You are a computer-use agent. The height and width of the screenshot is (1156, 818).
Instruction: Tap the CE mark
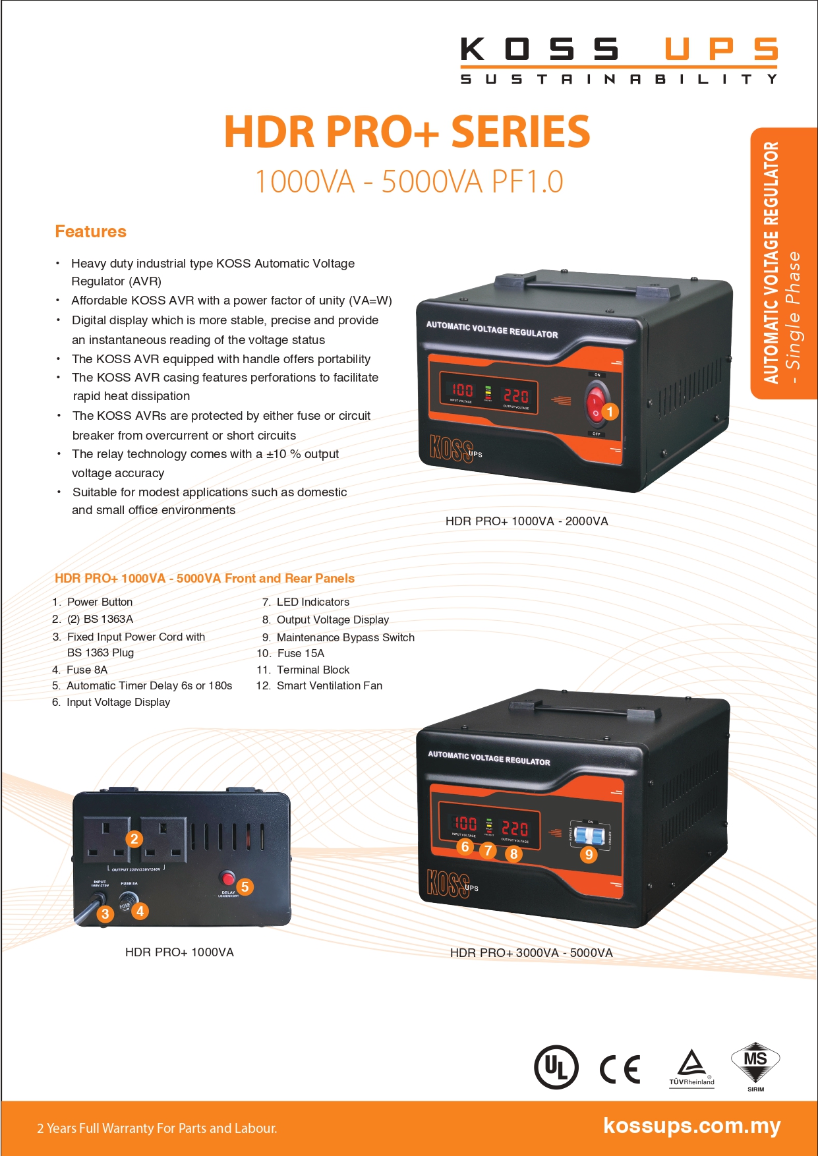click(x=620, y=1068)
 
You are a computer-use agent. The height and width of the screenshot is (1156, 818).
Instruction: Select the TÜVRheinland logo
click(x=691, y=1068)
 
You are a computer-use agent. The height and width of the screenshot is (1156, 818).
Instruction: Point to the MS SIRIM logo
click(x=755, y=1065)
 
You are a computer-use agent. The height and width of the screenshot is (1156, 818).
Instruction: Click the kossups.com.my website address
click(x=691, y=1126)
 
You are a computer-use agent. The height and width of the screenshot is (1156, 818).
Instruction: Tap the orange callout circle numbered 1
click(x=610, y=411)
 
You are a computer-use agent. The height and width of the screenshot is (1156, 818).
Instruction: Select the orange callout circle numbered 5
click(x=245, y=886)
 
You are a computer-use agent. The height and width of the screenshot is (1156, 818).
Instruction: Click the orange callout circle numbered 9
click(x=589, y=855)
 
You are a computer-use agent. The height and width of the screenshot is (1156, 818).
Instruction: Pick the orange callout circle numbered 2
click(x=134, y=838)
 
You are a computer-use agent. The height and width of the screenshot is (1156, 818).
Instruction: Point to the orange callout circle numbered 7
click(x=488, y=850)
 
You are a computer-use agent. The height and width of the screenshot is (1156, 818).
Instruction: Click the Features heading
click(x=90, y=231)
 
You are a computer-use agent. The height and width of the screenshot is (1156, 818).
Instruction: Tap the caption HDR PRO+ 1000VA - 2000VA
click(x=527, y=521)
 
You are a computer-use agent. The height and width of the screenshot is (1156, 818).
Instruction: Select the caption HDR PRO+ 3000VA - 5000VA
click(x=531, y=953)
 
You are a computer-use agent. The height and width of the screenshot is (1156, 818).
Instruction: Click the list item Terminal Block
click(x=312, y=670)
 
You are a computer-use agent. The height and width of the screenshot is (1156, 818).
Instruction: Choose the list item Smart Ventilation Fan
click(x=329, y=685)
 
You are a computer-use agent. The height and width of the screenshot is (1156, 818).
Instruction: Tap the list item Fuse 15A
click(x=301, y=653)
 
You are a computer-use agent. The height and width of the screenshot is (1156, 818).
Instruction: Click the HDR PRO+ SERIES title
click(x=407, y=131)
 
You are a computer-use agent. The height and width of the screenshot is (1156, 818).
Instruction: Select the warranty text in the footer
click(x=157, y=1128)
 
